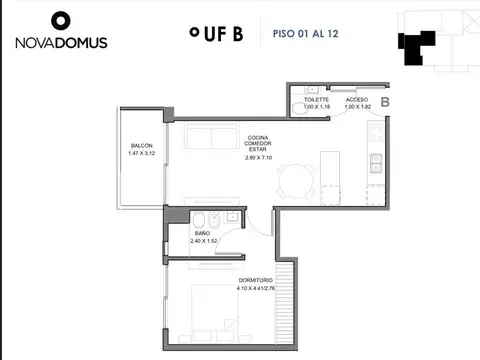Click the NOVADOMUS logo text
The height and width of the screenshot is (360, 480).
[x=61, y=43]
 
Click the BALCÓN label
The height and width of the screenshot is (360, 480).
[x=142, y=145]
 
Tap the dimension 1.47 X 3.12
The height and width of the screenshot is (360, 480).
[x=142, y=154]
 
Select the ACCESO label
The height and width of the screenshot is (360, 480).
[x=356, y=100]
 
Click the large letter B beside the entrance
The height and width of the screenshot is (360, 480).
[x=385, y=102]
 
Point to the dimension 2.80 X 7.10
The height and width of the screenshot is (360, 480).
[x=259, y=157]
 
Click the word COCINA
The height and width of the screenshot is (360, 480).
[x=259, y=137]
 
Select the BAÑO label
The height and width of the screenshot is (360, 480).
[x=203, y=233]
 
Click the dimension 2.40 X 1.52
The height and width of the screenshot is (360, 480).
[x=203, y=241]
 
